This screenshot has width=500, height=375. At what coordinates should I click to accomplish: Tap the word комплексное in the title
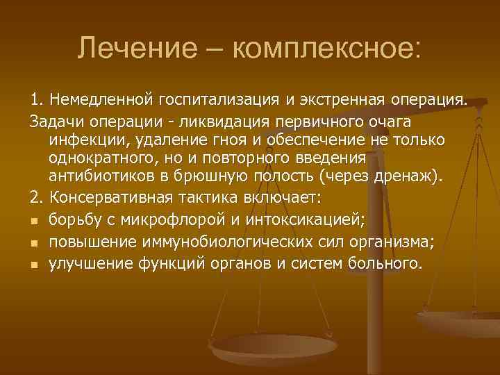pos(326,49)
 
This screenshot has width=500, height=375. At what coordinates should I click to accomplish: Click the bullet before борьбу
pos(34,222)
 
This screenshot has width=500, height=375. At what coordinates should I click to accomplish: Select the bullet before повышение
pos(34,243)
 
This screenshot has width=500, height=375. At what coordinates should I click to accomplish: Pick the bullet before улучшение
pos(34,265)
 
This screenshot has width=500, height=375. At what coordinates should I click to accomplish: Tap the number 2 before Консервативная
pos(34,197)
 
